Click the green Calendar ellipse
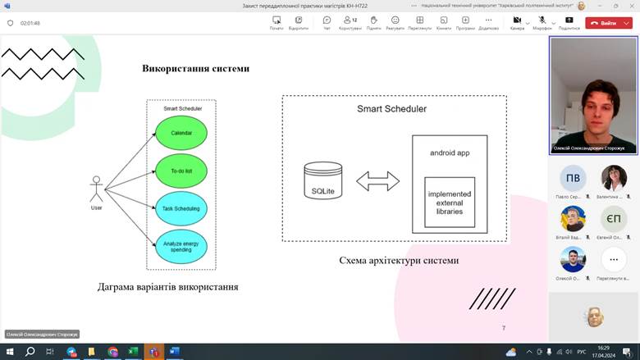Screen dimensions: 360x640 (181, 133)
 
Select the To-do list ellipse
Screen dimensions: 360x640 (181, 171)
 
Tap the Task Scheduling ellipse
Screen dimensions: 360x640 (181, 209)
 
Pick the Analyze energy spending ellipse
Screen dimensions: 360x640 (181, 246)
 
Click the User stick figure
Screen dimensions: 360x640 (97, 190)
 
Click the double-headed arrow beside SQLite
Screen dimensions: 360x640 (377, 181)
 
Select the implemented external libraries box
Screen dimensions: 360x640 (449, 202)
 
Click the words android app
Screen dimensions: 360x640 (449, 153)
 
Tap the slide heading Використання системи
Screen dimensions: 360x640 (195, 69)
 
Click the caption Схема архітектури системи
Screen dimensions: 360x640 (399, 261)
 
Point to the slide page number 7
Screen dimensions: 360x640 (504, 327)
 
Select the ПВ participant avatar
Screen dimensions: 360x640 (573, 178)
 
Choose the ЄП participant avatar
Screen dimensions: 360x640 (613, 219)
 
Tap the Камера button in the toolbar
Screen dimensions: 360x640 (517, 22)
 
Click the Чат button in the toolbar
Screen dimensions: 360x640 (327, 22)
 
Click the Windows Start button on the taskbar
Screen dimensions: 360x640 (9, 351)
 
